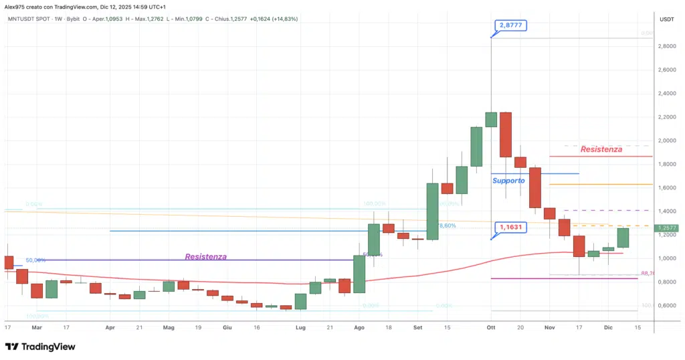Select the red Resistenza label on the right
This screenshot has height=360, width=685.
(x=601, y=149)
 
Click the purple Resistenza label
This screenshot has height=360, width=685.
(x=205, y=256)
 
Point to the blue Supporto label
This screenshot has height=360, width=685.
(x=508, y=181)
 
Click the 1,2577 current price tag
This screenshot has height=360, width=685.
(x=668, y=228)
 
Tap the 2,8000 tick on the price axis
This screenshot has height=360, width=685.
(x=666, y=46)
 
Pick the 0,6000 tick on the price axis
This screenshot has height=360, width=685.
(x=666, y=305)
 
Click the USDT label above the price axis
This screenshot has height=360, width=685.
(x=666, y=19)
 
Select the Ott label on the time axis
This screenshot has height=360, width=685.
(x=491, y=328)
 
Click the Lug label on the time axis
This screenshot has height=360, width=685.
(x=300, y=328)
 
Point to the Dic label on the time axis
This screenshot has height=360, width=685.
(x=608, y=328)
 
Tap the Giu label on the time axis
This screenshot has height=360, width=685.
(x=227, y=328)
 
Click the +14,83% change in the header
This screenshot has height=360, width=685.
(x=283, y=19)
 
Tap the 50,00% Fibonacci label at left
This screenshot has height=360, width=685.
(x=35, y=260)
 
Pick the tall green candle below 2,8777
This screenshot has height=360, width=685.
(x=491, y=119)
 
